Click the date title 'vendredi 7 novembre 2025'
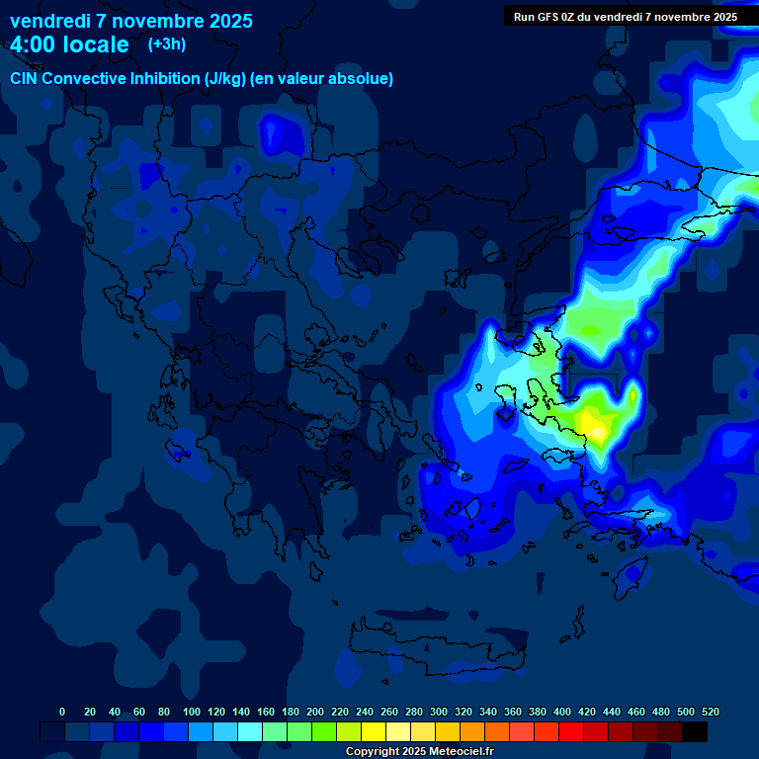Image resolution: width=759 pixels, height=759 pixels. pyautogui.click(x=131, y=21)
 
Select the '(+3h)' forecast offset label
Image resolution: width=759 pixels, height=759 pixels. pyautogui.click(x=166, y=43)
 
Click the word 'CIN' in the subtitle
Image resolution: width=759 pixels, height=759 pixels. pyautogui.click(x=25, y=78)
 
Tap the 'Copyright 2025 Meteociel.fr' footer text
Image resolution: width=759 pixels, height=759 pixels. pyautogui.click(x=419, y=751)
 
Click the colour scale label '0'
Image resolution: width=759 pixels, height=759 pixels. pyautogui.click(x=62, y=712)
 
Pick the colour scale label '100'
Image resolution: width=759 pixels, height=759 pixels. pyautogui.click(x=192, y=712)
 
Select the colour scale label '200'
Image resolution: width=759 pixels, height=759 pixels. pyautogui.click(x=315, y=712)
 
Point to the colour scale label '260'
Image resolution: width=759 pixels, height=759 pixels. pyautogui.click(x=389, y=712)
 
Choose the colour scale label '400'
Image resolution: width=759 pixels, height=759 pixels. pyautogui.click(x=562, y=712)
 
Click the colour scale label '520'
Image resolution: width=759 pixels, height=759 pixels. pyautogui.click(x=711, y=712)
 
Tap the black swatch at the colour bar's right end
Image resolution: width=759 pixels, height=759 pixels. pyautogui.click(x=695, y=731)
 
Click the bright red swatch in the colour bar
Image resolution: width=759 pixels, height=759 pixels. pyautogui.click(x=571, y=731)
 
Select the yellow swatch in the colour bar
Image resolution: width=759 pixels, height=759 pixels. pyautogui.click(x=374, y=731)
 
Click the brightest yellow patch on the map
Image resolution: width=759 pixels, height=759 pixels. pyautogui.click(x=594, y=423)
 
